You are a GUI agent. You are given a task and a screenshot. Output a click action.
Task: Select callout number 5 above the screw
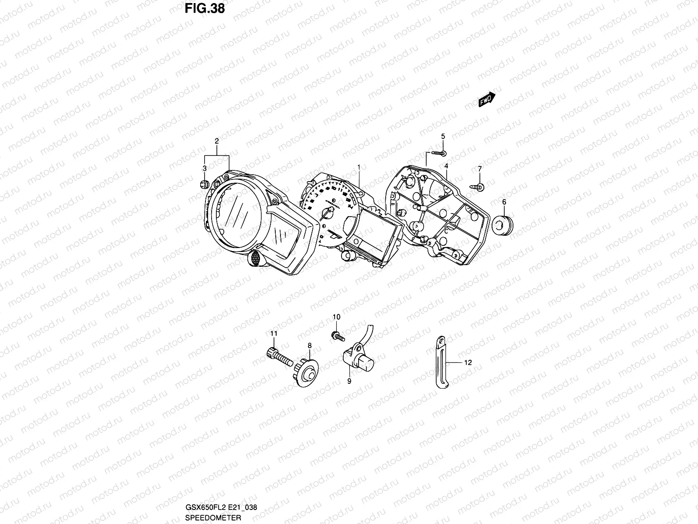[443, 136]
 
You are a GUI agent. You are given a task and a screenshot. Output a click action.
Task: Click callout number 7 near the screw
[479, 169]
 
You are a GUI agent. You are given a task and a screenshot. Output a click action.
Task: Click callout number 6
[504, 202]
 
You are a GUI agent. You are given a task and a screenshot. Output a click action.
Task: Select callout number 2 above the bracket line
[216, 141]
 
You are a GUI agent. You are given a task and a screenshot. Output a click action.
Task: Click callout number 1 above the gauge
[359, 167]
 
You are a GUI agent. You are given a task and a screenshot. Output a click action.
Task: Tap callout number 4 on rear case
[446, 166]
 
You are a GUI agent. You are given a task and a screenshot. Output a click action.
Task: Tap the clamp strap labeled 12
[440, 362]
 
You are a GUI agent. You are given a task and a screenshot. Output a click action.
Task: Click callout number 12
[468, 362]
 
